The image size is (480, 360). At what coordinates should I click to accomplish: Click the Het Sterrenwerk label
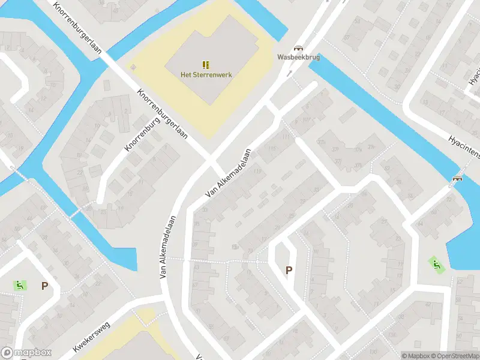[x=206, y=74]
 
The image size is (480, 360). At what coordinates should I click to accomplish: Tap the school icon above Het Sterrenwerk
[x=206, y=64]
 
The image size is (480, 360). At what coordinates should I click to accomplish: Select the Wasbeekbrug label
[x=298, y=58]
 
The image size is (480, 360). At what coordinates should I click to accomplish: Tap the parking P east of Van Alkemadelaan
[x=289, y=271]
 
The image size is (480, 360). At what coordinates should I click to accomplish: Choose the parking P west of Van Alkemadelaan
[x=44, y=286]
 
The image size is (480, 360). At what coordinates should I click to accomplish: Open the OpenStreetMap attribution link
[x=454, y=356]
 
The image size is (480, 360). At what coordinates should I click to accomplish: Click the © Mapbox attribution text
[x=415, y=356]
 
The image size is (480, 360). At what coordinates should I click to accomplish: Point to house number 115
[x=274, y=149]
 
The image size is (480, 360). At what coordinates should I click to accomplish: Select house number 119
[x=257, y=172]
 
